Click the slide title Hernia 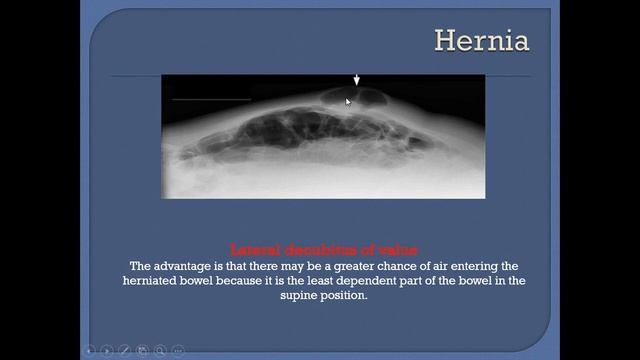point(481,41)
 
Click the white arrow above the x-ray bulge point(356,79)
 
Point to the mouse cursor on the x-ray point(348,100)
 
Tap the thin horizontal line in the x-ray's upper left point(210,99)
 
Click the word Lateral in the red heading point(252,249)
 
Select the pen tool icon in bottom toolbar point(125,350)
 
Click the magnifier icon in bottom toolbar point(160,350)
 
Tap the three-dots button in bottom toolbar point(178,350)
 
